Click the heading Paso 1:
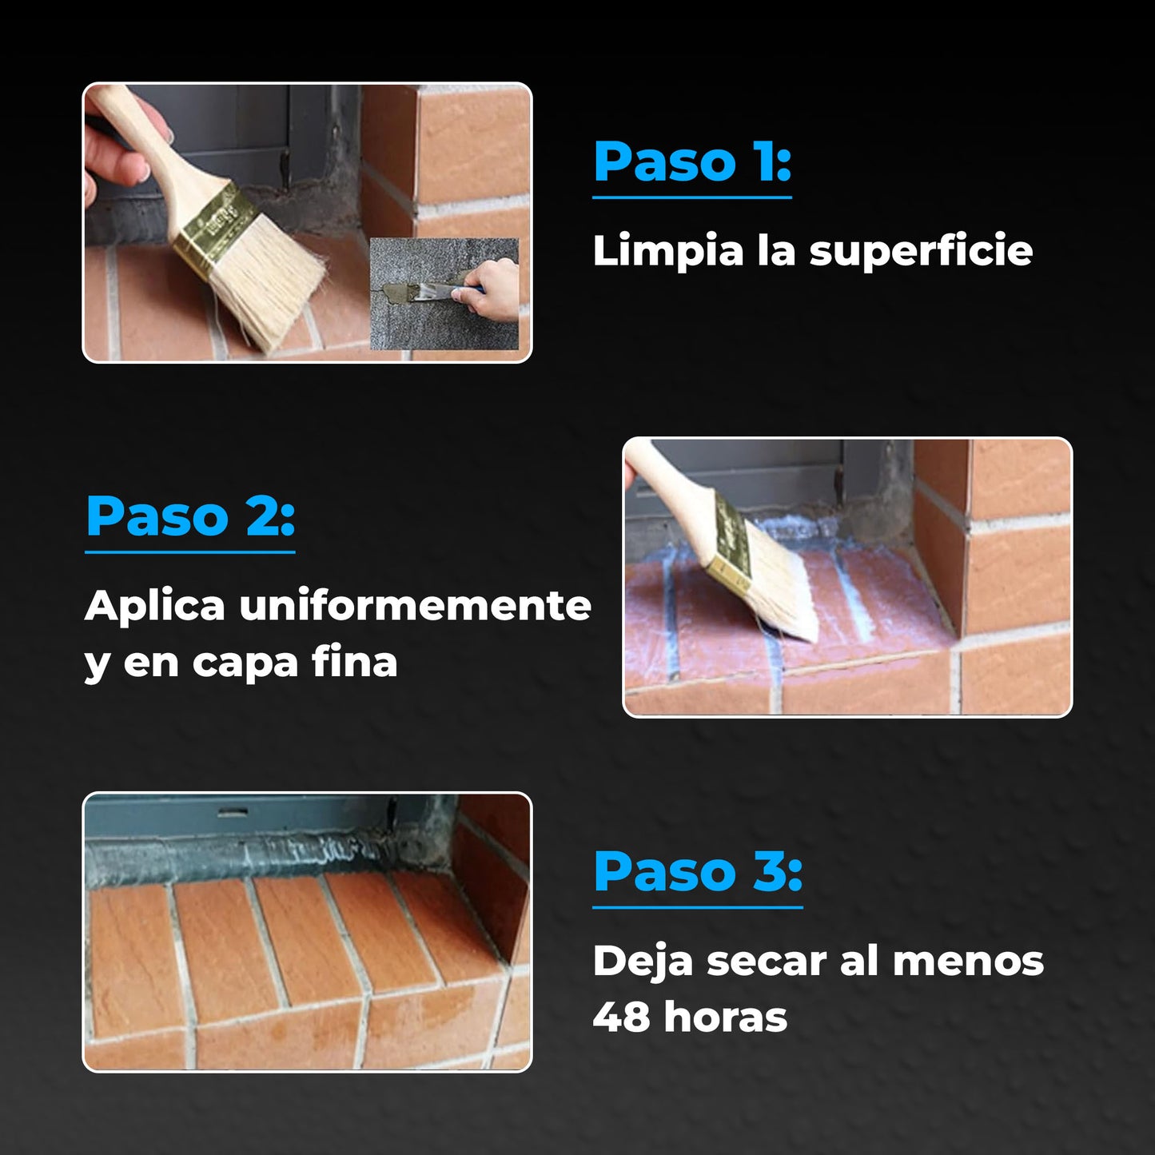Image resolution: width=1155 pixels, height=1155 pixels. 692,162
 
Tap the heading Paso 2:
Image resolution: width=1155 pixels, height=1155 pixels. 190,517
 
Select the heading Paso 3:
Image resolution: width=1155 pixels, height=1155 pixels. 697,872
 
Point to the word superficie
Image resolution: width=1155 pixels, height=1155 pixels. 921,252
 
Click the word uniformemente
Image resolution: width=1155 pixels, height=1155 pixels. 415,606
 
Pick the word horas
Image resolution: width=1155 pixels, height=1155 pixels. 725,1017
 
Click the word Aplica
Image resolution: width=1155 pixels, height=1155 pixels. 155,606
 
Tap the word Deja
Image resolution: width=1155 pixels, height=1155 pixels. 642,962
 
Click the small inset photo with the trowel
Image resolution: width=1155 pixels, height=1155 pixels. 444,293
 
